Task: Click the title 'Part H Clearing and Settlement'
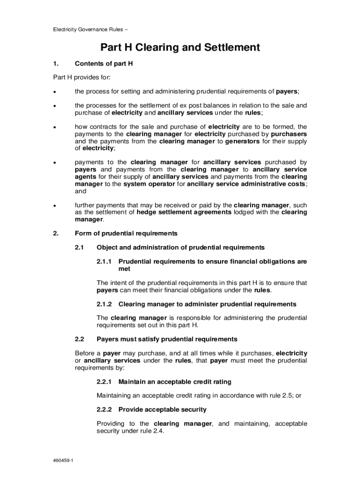pyautogui.click(x=180, y=48)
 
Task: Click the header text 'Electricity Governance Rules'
pyautogui.click(x=88, y=29)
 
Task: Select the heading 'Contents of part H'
pyautogui.click(x=104, y=64)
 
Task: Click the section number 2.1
pyautogui.click(x=79, y=247)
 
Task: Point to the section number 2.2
pyautogui.click(x=79, y=339)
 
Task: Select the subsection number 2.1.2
pyautogui.click(x=104, y=304)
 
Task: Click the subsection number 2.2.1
pyautogui.click(x=104, y=382)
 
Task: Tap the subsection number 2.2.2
pyautogui.click(x=104, y=410)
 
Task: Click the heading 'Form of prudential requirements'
pyautogui.click(x=126, y=233)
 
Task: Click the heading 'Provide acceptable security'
pyautogui.click(x=162, y=410)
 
